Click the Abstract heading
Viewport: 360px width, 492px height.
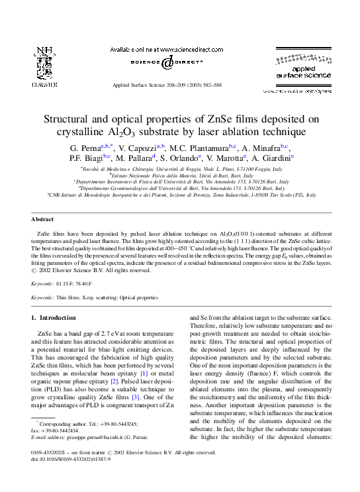(42, 219)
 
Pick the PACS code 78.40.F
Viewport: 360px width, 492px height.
(91, 282)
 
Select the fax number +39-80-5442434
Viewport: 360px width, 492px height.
(61, 430)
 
